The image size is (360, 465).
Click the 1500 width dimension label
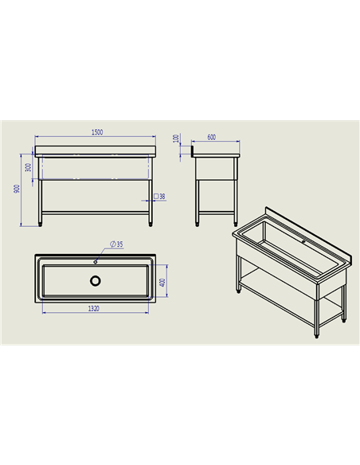click(97, 132)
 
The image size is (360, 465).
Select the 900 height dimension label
click(17, 189)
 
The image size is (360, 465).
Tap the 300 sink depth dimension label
click(28, 167)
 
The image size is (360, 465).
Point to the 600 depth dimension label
click(211, 137)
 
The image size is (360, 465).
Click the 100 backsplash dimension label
click(176, 139)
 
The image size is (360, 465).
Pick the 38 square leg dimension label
click(162, 197)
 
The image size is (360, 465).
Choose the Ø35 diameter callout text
click(116, 244)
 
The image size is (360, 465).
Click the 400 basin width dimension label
click(162, 283)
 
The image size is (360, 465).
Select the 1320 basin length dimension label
click(94, 309)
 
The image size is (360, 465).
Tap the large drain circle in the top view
click(96, 281)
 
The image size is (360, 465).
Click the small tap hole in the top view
click(96, 262)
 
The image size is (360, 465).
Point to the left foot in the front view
click(40, 225)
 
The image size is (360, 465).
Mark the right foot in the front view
click(151, 225)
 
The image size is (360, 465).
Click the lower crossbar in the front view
click(96, 213)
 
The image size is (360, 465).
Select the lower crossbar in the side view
click(216, 213)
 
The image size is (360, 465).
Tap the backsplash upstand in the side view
click(193, 150)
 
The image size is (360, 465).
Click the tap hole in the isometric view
click(303, 242)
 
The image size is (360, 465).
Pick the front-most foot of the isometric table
click(317, 336)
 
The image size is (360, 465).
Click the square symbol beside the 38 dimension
click(156, 196)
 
